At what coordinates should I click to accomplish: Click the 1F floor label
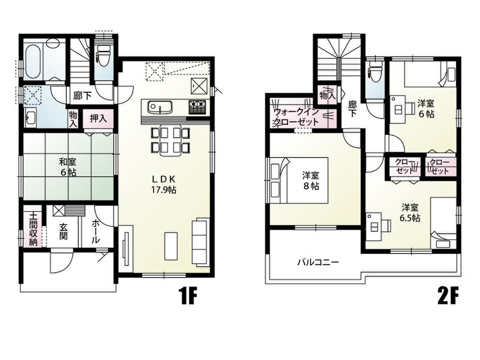click(x=187, y=296)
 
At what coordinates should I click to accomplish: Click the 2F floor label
click(x=448, y=296)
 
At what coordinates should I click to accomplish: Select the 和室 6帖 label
click(x=67, y=167)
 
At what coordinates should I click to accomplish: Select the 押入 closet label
click(x=98, y=118)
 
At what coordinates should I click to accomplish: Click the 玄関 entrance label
click(x=63, y=231)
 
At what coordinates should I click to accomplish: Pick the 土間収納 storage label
click(x=33, y=228)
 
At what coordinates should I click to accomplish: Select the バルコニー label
click(x=318, y=262)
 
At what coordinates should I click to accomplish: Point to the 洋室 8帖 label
click(x=311, y=180)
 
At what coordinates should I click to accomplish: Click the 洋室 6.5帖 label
click(x=410, y=213)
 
